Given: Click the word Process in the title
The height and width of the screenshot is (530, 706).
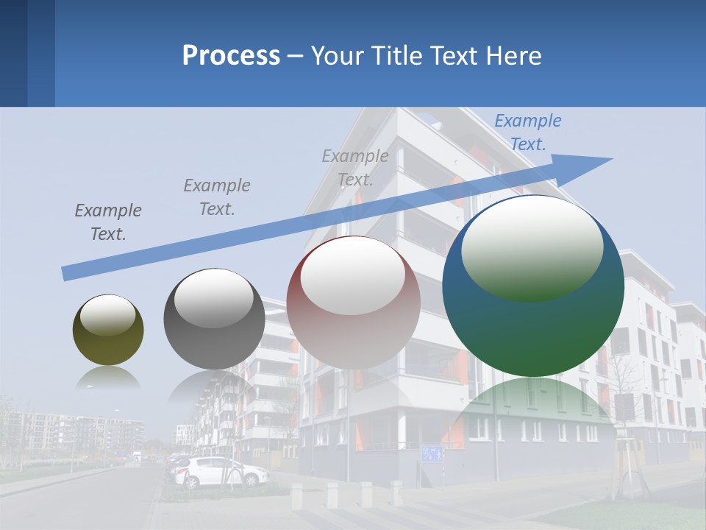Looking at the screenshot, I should (x=231, y=56).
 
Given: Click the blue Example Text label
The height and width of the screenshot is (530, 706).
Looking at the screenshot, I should (x=528, y=132).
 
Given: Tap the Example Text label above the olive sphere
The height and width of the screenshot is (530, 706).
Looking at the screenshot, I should (x=108, y=222).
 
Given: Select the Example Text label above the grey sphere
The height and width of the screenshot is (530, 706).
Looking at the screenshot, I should (x=217, y=197).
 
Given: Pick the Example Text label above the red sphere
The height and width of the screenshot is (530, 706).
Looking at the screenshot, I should (x=355, y=168).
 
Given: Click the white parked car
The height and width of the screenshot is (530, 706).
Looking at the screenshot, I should (x=221, y=472).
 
